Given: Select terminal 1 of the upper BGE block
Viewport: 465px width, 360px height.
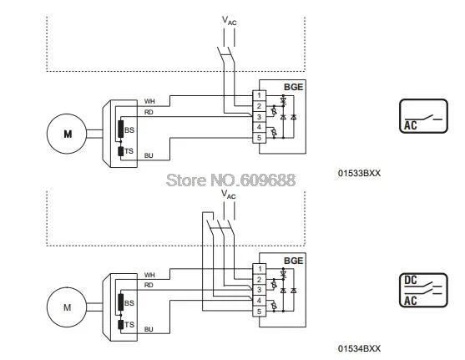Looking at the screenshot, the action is pyautogui.click(x=259, y=95).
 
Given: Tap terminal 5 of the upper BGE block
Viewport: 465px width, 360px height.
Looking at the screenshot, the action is pyautogui.click(x=259, y=138).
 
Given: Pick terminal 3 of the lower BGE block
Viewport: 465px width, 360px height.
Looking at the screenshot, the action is pyautogui.click(x=259, y=290).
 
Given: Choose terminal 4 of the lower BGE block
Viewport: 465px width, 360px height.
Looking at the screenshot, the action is pyautogui.click(x=259, y=301).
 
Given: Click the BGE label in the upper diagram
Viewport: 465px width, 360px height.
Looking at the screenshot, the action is pyautogui.click(x=294, y=87).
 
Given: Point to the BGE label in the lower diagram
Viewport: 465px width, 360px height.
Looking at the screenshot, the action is pyautogui.click(x=294, y=261).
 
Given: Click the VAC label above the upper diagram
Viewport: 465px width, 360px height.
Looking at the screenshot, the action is pyautogui.click(x=230, y=21).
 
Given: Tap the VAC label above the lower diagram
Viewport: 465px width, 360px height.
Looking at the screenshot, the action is pyautogui.click(x=229, y=195).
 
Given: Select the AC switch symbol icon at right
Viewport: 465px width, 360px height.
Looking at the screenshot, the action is pyautogui.click(x=423, y=116).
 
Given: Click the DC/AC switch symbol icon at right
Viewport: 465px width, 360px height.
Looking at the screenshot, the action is pyautogui.click(x=423, y=290).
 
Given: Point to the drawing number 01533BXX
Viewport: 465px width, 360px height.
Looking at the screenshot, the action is pyautogui.click(x=359, y=173).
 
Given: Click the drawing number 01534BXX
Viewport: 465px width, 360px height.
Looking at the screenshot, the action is pyautogui.click(x=359, y=348).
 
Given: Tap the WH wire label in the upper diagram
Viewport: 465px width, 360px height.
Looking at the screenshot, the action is pyautogui.click(x=149, y=102).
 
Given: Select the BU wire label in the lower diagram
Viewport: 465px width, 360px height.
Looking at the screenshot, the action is pyautogui.click(x=149, y=329).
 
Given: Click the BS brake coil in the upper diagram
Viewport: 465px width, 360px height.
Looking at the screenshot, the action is pyautogui.click(x=120, y=129).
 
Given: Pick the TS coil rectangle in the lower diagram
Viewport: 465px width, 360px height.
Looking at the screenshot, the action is pyautogui.click(x=120, y=325).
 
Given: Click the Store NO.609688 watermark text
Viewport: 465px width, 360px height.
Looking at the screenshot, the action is pyautogui.click(x=230, y=180).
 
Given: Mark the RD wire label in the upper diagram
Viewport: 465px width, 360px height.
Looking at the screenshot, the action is pyautogui.click(x=149, y=112).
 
